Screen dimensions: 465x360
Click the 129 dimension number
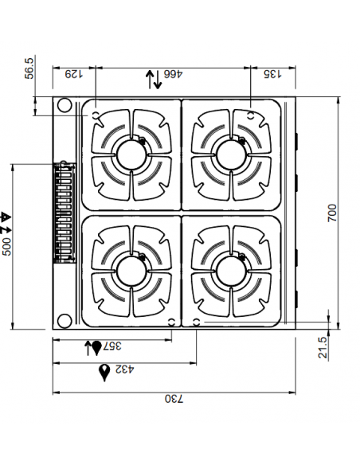(x=72, y=75)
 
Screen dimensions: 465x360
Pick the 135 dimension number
(x=272, y=75)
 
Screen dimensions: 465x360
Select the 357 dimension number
(x=113, y=347)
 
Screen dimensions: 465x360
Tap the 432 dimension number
(x=123, y=371)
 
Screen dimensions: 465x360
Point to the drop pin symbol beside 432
(x=104, y=372)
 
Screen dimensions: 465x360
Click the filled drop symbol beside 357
(x=96, y=348)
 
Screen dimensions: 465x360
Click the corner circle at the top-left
(x=63, y=105)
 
